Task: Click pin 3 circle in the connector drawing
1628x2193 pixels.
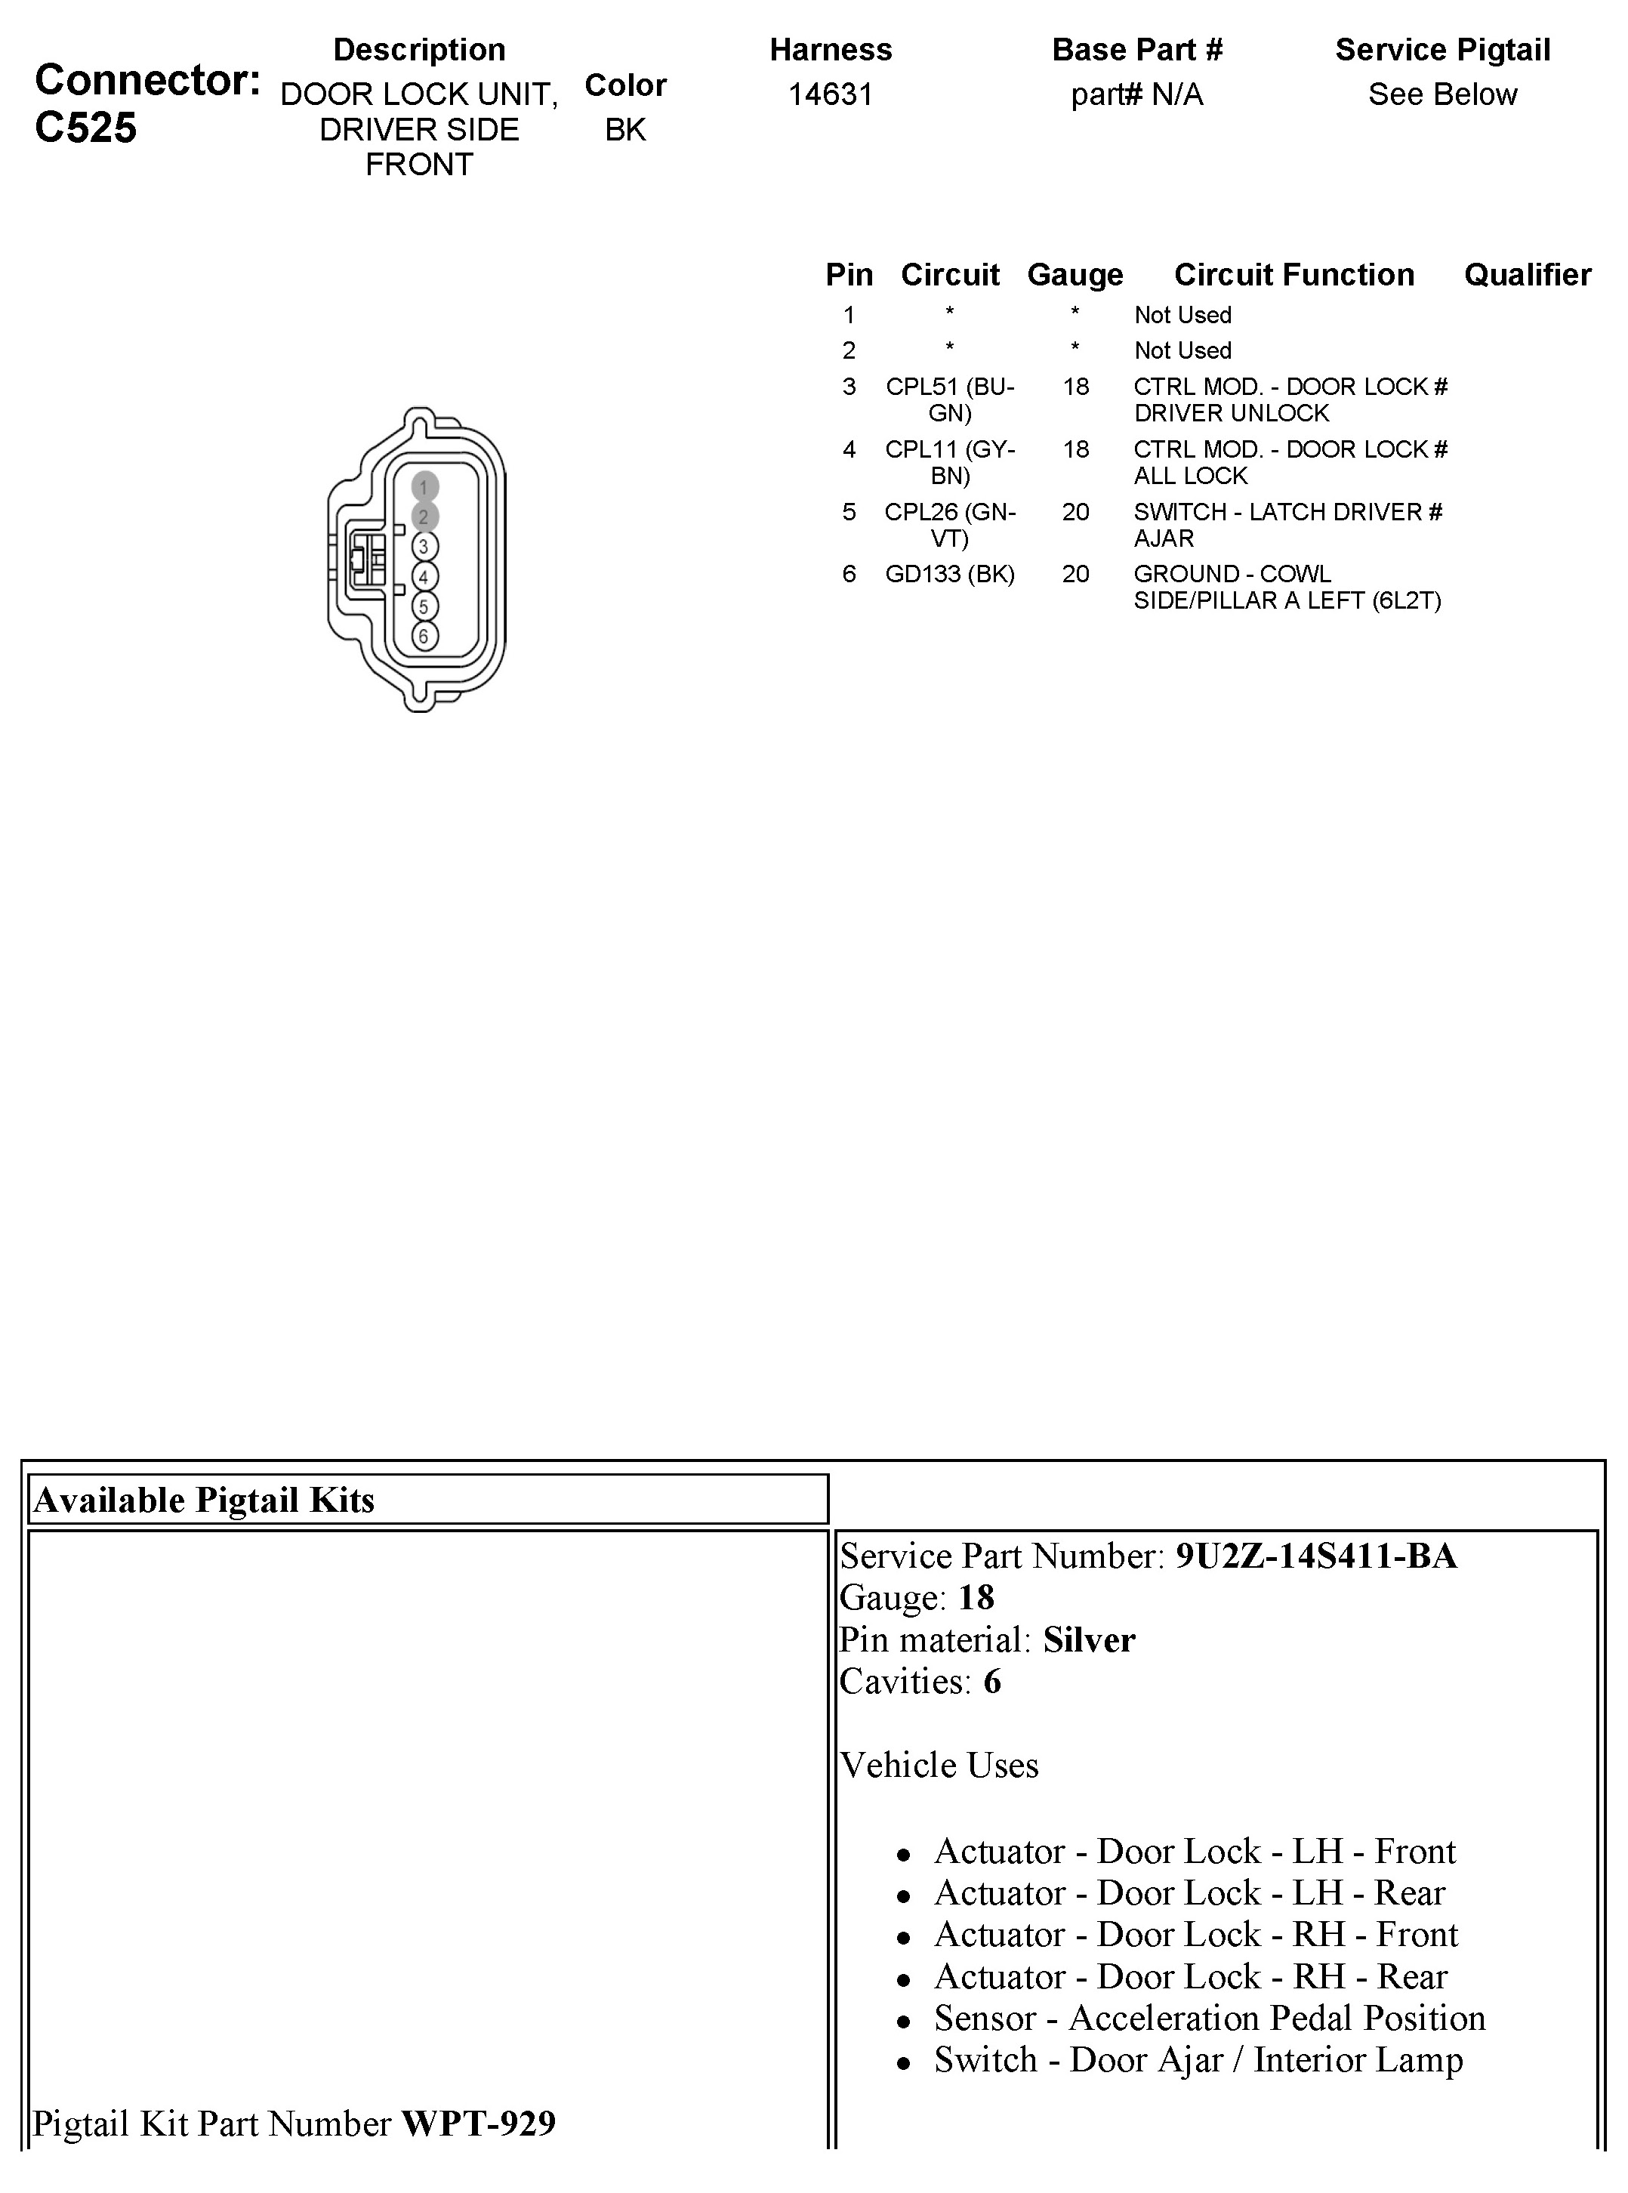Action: point(424,546)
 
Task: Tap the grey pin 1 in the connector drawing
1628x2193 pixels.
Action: point(424,487)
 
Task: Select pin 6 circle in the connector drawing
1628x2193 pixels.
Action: point(424,636)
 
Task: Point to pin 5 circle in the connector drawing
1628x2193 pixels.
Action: point(424,606)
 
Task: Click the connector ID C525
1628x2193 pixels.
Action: point(86,128)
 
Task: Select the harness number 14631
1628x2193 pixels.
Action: point(830,94)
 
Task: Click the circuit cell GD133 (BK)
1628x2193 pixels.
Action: point(949,574)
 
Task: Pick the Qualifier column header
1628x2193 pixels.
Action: point(1527,275)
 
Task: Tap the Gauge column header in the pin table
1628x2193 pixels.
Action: point(1075,275)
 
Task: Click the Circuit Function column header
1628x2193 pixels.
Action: point(1293,275)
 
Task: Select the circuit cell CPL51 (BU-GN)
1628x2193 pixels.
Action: point(949,399)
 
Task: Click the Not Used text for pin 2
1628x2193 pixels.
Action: point(1182,351)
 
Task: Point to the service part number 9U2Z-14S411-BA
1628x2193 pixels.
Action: point(1315,1556)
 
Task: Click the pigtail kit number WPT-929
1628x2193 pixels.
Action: point(478,2123)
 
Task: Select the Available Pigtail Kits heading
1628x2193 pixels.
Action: point(204,1500)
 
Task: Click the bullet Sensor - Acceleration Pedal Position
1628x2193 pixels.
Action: point(1209,2018)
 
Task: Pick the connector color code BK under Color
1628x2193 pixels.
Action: point(624,130)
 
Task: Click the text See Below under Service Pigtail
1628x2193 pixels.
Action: point(1441,94)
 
